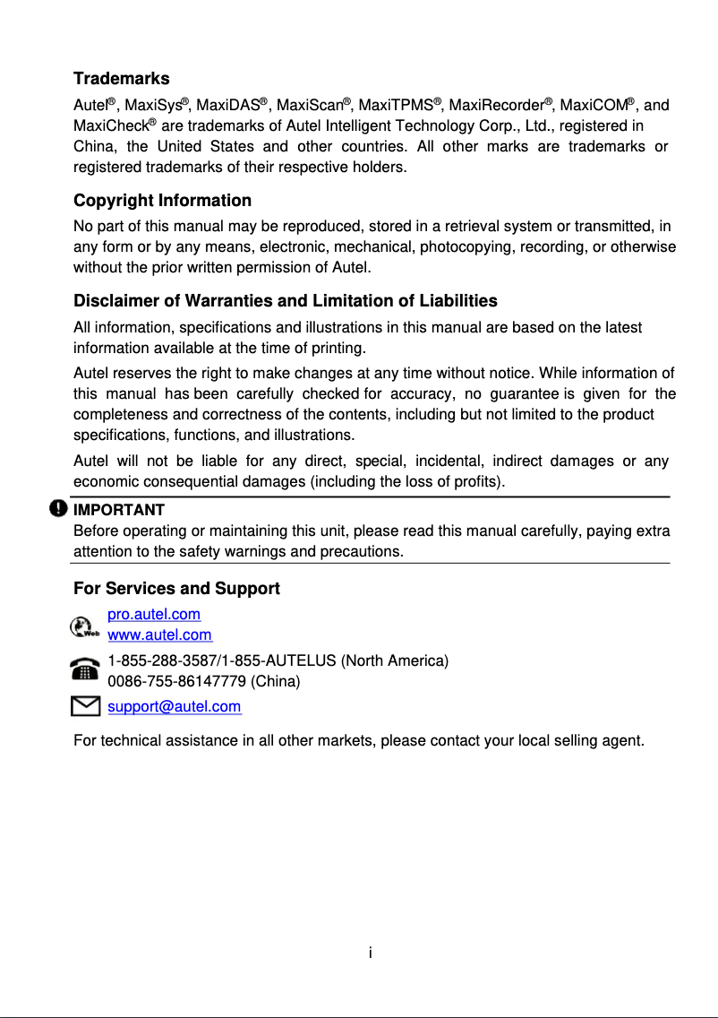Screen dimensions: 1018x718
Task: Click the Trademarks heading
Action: click(x=121, y=79)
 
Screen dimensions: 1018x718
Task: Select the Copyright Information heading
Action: click(x=162, y=200)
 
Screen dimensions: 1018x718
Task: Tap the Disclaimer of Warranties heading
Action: click(x=285, y=300)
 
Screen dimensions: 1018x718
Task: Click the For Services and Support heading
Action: click(x=176, y=589)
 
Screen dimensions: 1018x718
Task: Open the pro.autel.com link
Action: click(x=154, y=615)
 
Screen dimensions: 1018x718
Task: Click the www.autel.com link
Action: click(x=159, y=635)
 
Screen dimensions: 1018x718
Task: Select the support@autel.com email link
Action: click(x=174, y=707)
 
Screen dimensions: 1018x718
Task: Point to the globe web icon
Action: click(x=84, y=625)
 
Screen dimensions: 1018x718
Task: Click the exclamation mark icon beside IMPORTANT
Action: click(x=58, y=509)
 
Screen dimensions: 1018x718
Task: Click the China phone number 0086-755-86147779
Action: click(x=177, y=681)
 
